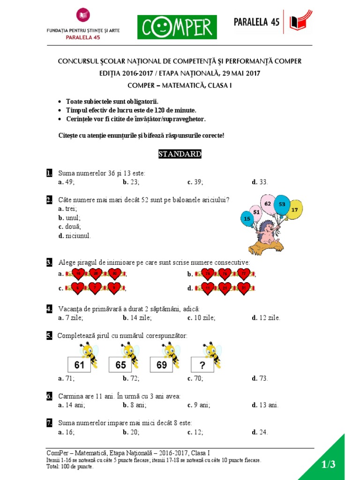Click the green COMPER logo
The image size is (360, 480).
click(177, 27)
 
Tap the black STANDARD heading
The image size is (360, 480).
click(180, 154)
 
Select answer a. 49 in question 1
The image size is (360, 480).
click(66, 182)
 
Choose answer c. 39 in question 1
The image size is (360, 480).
click(195, 182)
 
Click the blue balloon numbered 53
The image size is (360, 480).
click(282, 205)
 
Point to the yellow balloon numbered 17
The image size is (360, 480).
click(294, 210)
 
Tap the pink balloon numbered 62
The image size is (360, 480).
click(268, 204)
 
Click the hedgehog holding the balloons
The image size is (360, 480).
click(268, 234)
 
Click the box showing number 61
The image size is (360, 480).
click(80, 365)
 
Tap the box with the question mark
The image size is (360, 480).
click(202, 365)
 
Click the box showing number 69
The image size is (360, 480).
click(162, 365)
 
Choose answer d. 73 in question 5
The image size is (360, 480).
click(260, 378)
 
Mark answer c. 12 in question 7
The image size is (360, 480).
click(195, 433)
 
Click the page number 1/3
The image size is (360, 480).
click(329, 465)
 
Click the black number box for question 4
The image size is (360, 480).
click(49, 309)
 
